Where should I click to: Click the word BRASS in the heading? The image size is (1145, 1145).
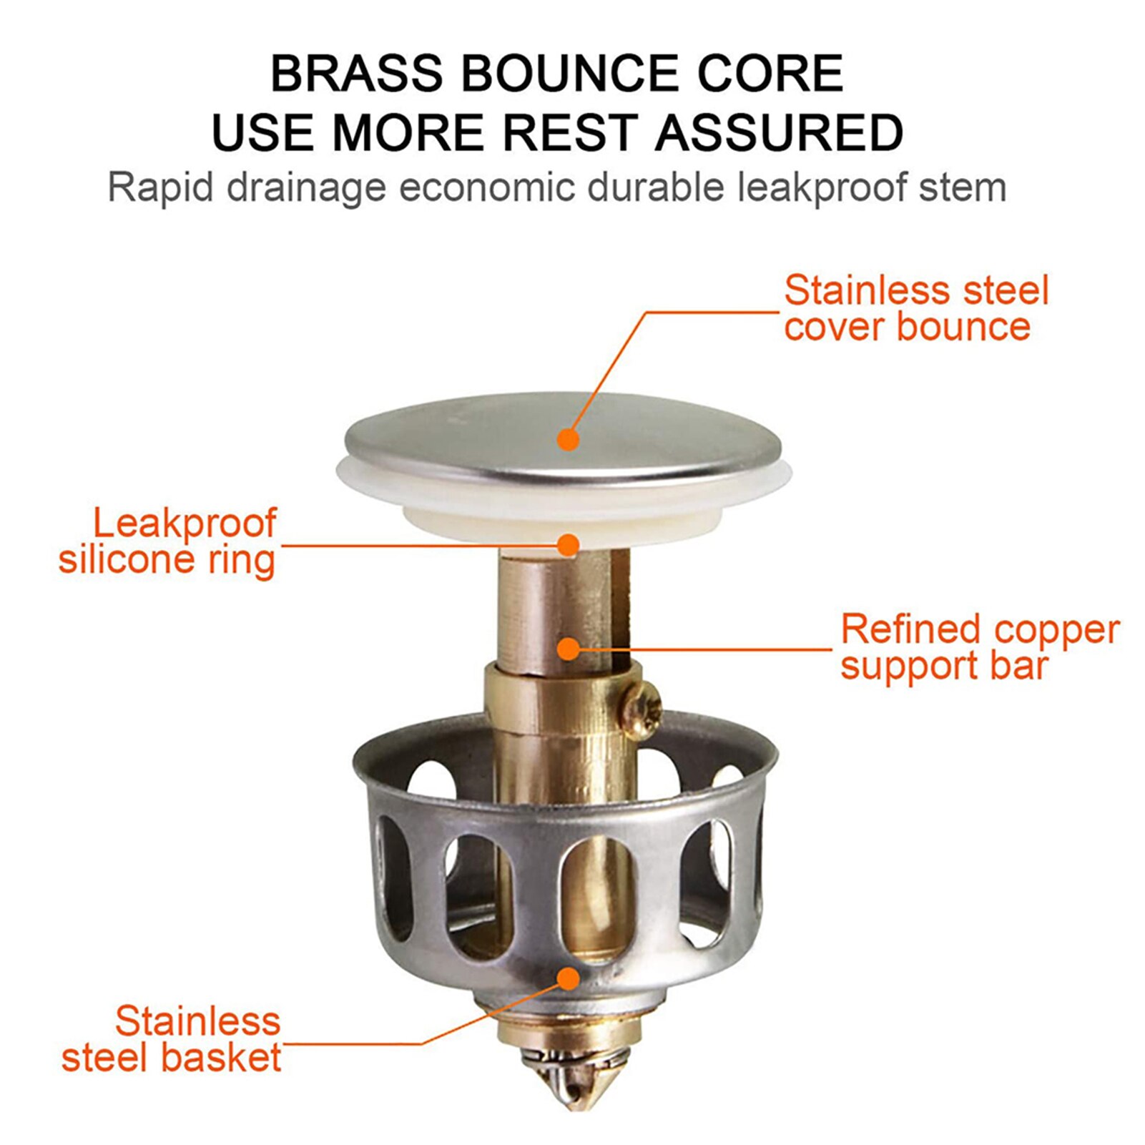(356, 73)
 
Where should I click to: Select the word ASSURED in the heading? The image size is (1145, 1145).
(779, 132)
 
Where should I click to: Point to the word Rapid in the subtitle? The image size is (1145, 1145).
(160, 188)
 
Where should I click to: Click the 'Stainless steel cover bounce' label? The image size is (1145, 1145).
(915, 308)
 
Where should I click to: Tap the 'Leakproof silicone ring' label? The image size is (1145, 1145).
(167, 541)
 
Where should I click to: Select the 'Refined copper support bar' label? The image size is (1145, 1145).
(978, 647)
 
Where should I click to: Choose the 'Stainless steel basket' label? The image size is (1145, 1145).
(171, 1039)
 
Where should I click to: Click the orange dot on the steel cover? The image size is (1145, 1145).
(569, 439)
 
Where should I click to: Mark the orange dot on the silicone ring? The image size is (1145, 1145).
(569, 546)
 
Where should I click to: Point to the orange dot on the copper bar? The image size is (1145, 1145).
(569, 649)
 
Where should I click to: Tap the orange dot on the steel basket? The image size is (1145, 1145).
(569, 978)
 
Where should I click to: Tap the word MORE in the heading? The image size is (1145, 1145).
(408, 132)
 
